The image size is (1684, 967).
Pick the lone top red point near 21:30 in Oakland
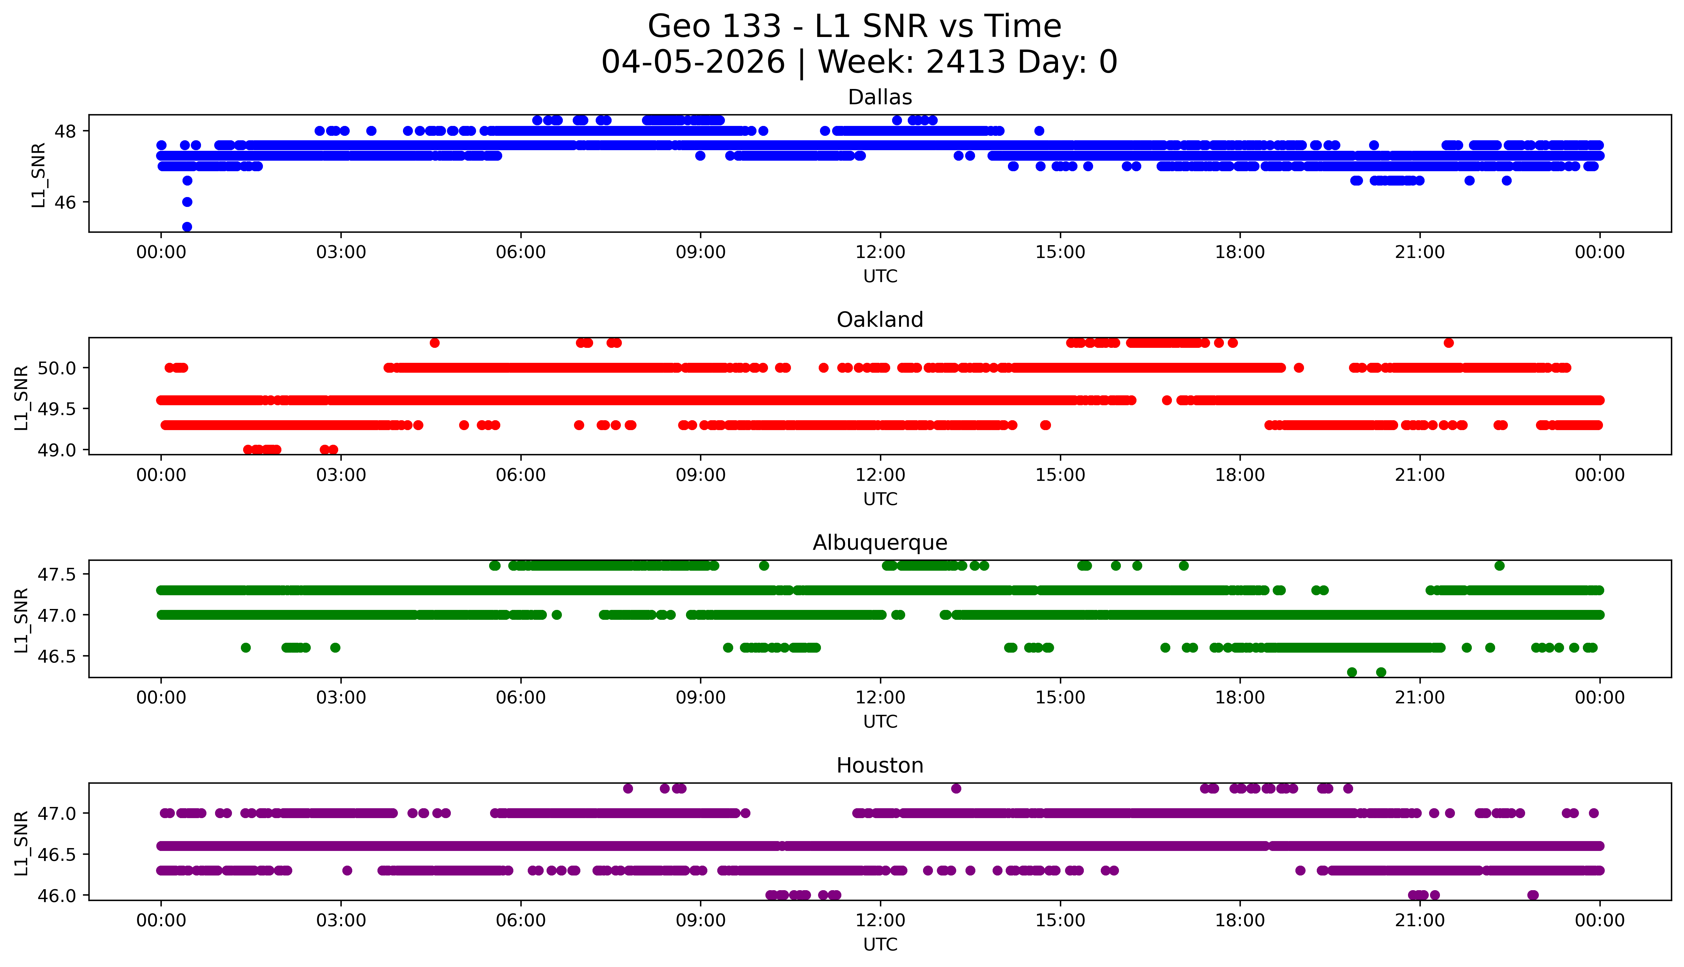coord(1449,343)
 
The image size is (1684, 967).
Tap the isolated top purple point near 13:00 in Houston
coord(956,788)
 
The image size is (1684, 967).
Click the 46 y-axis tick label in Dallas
coord(65,202)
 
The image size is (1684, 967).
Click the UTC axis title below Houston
coord(880,944)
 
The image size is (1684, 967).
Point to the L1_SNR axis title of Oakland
coord(21,397)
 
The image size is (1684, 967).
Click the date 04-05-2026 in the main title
coord(693,62)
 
